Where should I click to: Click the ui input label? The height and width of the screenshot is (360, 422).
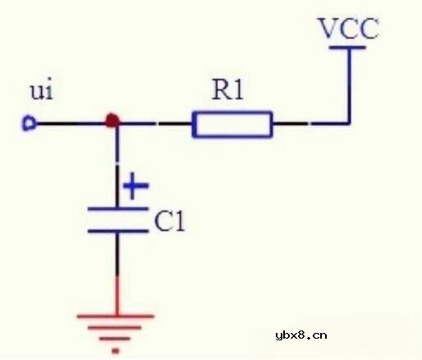click(41, 89)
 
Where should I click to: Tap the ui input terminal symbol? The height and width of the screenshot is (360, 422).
click(29, 125)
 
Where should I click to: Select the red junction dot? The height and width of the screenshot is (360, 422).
click(113, 122)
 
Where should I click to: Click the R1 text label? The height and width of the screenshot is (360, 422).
click(227, 90)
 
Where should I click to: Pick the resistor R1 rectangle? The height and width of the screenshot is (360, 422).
click(232, 125)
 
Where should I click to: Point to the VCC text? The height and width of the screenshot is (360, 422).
click(349, 30)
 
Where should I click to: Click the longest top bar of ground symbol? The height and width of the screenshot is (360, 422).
click(116, 316)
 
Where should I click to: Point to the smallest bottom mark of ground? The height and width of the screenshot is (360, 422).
click(116, 350)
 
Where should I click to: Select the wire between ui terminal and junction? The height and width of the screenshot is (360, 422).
click(70, 124)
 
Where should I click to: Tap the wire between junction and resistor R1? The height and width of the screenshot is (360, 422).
click(156, 124)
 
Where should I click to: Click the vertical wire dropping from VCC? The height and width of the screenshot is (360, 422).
click(350, 86)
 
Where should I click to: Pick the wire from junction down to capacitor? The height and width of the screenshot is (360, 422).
click(116, 164)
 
